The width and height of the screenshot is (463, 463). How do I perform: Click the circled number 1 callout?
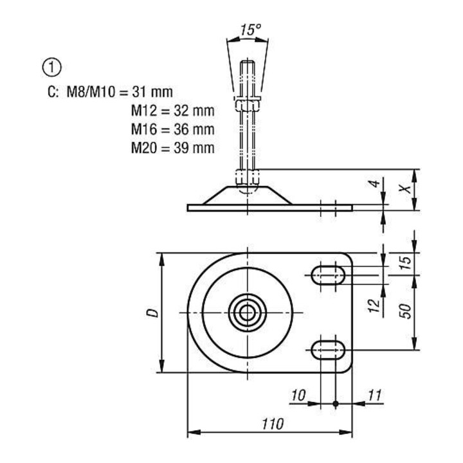51,68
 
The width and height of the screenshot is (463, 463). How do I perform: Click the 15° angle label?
250,30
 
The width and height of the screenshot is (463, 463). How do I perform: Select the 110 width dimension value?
273,424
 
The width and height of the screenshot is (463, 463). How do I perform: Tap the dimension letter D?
152,313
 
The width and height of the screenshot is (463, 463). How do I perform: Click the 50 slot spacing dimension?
405,311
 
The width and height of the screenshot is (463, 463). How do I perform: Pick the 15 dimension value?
405,263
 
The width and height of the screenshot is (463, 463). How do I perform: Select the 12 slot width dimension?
374,305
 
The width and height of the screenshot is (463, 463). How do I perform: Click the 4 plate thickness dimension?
374,184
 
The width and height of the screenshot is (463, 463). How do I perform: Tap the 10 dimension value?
298,395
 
